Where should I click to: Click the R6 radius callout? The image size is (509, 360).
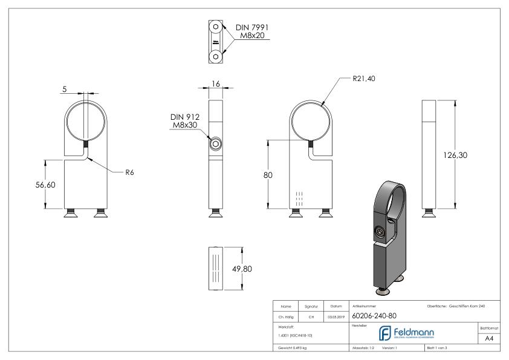129,172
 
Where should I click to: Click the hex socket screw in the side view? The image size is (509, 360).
216,145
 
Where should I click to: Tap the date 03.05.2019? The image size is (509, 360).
336,316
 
